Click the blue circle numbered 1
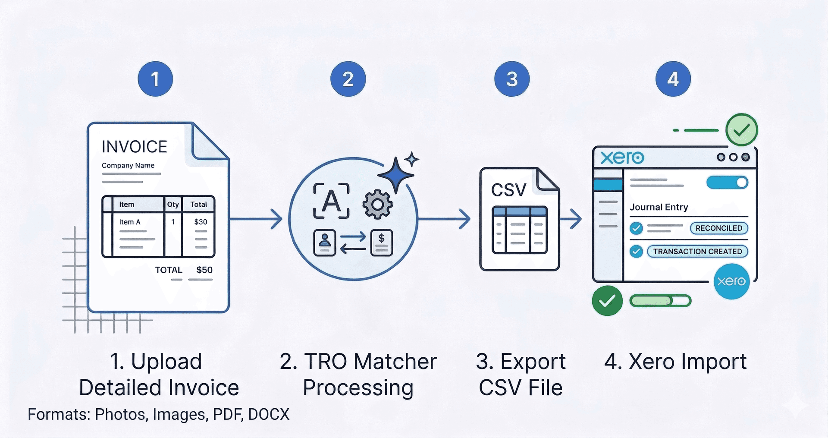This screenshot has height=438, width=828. coord(155,79)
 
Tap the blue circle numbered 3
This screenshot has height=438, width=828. coord(512,79)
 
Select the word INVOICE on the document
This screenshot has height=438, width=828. coord(134,147)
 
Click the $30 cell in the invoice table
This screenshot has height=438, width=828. coord(201,222)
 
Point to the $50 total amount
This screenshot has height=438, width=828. coord(204,270)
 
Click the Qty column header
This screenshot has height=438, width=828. coord(173,205)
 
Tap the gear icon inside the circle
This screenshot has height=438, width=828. coord(377,205)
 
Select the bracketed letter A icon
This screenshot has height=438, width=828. coord(331,201)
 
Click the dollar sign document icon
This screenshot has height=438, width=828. coord(381,243)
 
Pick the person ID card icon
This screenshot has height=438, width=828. coord(325,243)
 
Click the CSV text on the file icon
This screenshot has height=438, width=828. coord(509,190)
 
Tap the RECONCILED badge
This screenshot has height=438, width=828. coord(718,228)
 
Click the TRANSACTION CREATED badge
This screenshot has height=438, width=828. coord(697,252)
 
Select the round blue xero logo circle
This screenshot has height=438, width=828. coord(731,281)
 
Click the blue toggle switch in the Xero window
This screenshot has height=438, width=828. coord(727,183)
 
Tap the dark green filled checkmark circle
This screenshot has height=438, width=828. coord(607,301)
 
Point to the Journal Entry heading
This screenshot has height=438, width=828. coord(659,207)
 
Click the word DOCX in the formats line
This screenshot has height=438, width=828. coord(269,414)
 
